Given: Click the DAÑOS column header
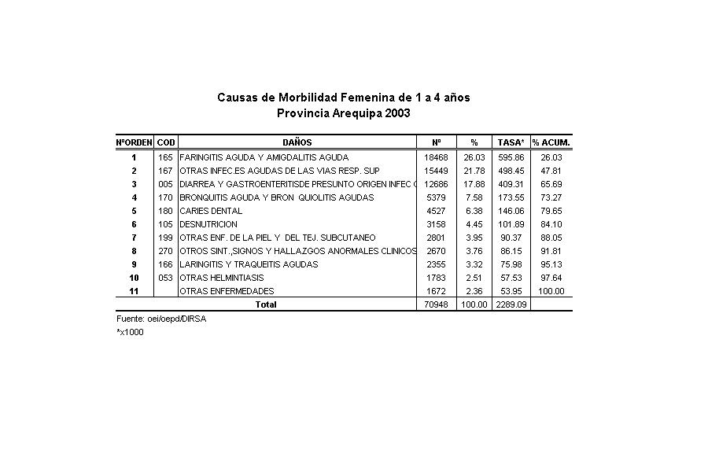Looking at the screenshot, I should pos(297,142).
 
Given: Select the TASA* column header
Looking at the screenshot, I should pos(511,142).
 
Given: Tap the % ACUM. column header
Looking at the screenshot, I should pos(551,142).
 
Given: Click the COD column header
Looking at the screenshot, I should pos(166,142).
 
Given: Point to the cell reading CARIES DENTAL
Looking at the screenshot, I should pos(211,211).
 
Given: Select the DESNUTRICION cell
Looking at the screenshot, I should pos(208,224).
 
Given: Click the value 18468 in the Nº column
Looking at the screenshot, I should pos(436,157).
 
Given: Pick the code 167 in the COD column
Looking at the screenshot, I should pos(166,171).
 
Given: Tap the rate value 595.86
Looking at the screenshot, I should pos(511,157).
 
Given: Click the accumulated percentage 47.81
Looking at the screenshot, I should pos(551,171).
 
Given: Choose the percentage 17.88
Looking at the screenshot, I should pos(474,184).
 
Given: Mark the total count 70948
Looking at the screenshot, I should pos(436,304).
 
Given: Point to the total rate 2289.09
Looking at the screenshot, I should pos(511,304).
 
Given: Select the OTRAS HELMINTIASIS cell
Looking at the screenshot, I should pos(222,278).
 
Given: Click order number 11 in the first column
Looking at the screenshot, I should pos(135,291).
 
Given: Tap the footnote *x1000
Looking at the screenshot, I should pos(130,331).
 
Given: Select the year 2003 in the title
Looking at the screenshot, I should pos(397,113).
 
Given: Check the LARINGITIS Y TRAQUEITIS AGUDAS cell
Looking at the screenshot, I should pos(249,264).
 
